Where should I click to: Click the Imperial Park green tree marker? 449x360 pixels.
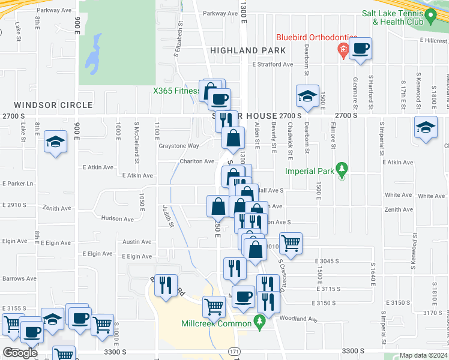click(x=342, y=169)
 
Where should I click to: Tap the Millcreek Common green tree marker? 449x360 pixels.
click(x=260, y=322)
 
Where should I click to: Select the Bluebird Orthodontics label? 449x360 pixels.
click(x=317, y=38)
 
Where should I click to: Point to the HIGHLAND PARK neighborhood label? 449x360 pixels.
click(x=249, y=51)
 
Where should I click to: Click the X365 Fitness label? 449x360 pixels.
click(x=176, y=91)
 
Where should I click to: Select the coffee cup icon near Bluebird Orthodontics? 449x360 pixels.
click(x=360, y=49)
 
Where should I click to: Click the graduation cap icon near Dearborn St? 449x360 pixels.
click(x=307, y=96)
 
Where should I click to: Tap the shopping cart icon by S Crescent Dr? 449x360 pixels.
click(x=291, y=244)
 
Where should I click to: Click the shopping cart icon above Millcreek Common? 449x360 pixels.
click(x=214, y=307)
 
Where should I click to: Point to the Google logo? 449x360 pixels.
click(x=20, y=353)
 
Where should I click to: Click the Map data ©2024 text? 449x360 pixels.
click(x=424, y=355)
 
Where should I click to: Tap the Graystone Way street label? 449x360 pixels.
click(x=178, y=146)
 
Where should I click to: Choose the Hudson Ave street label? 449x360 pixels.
click(x=118, y=219)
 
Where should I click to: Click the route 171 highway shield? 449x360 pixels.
click(x=234, y=350)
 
